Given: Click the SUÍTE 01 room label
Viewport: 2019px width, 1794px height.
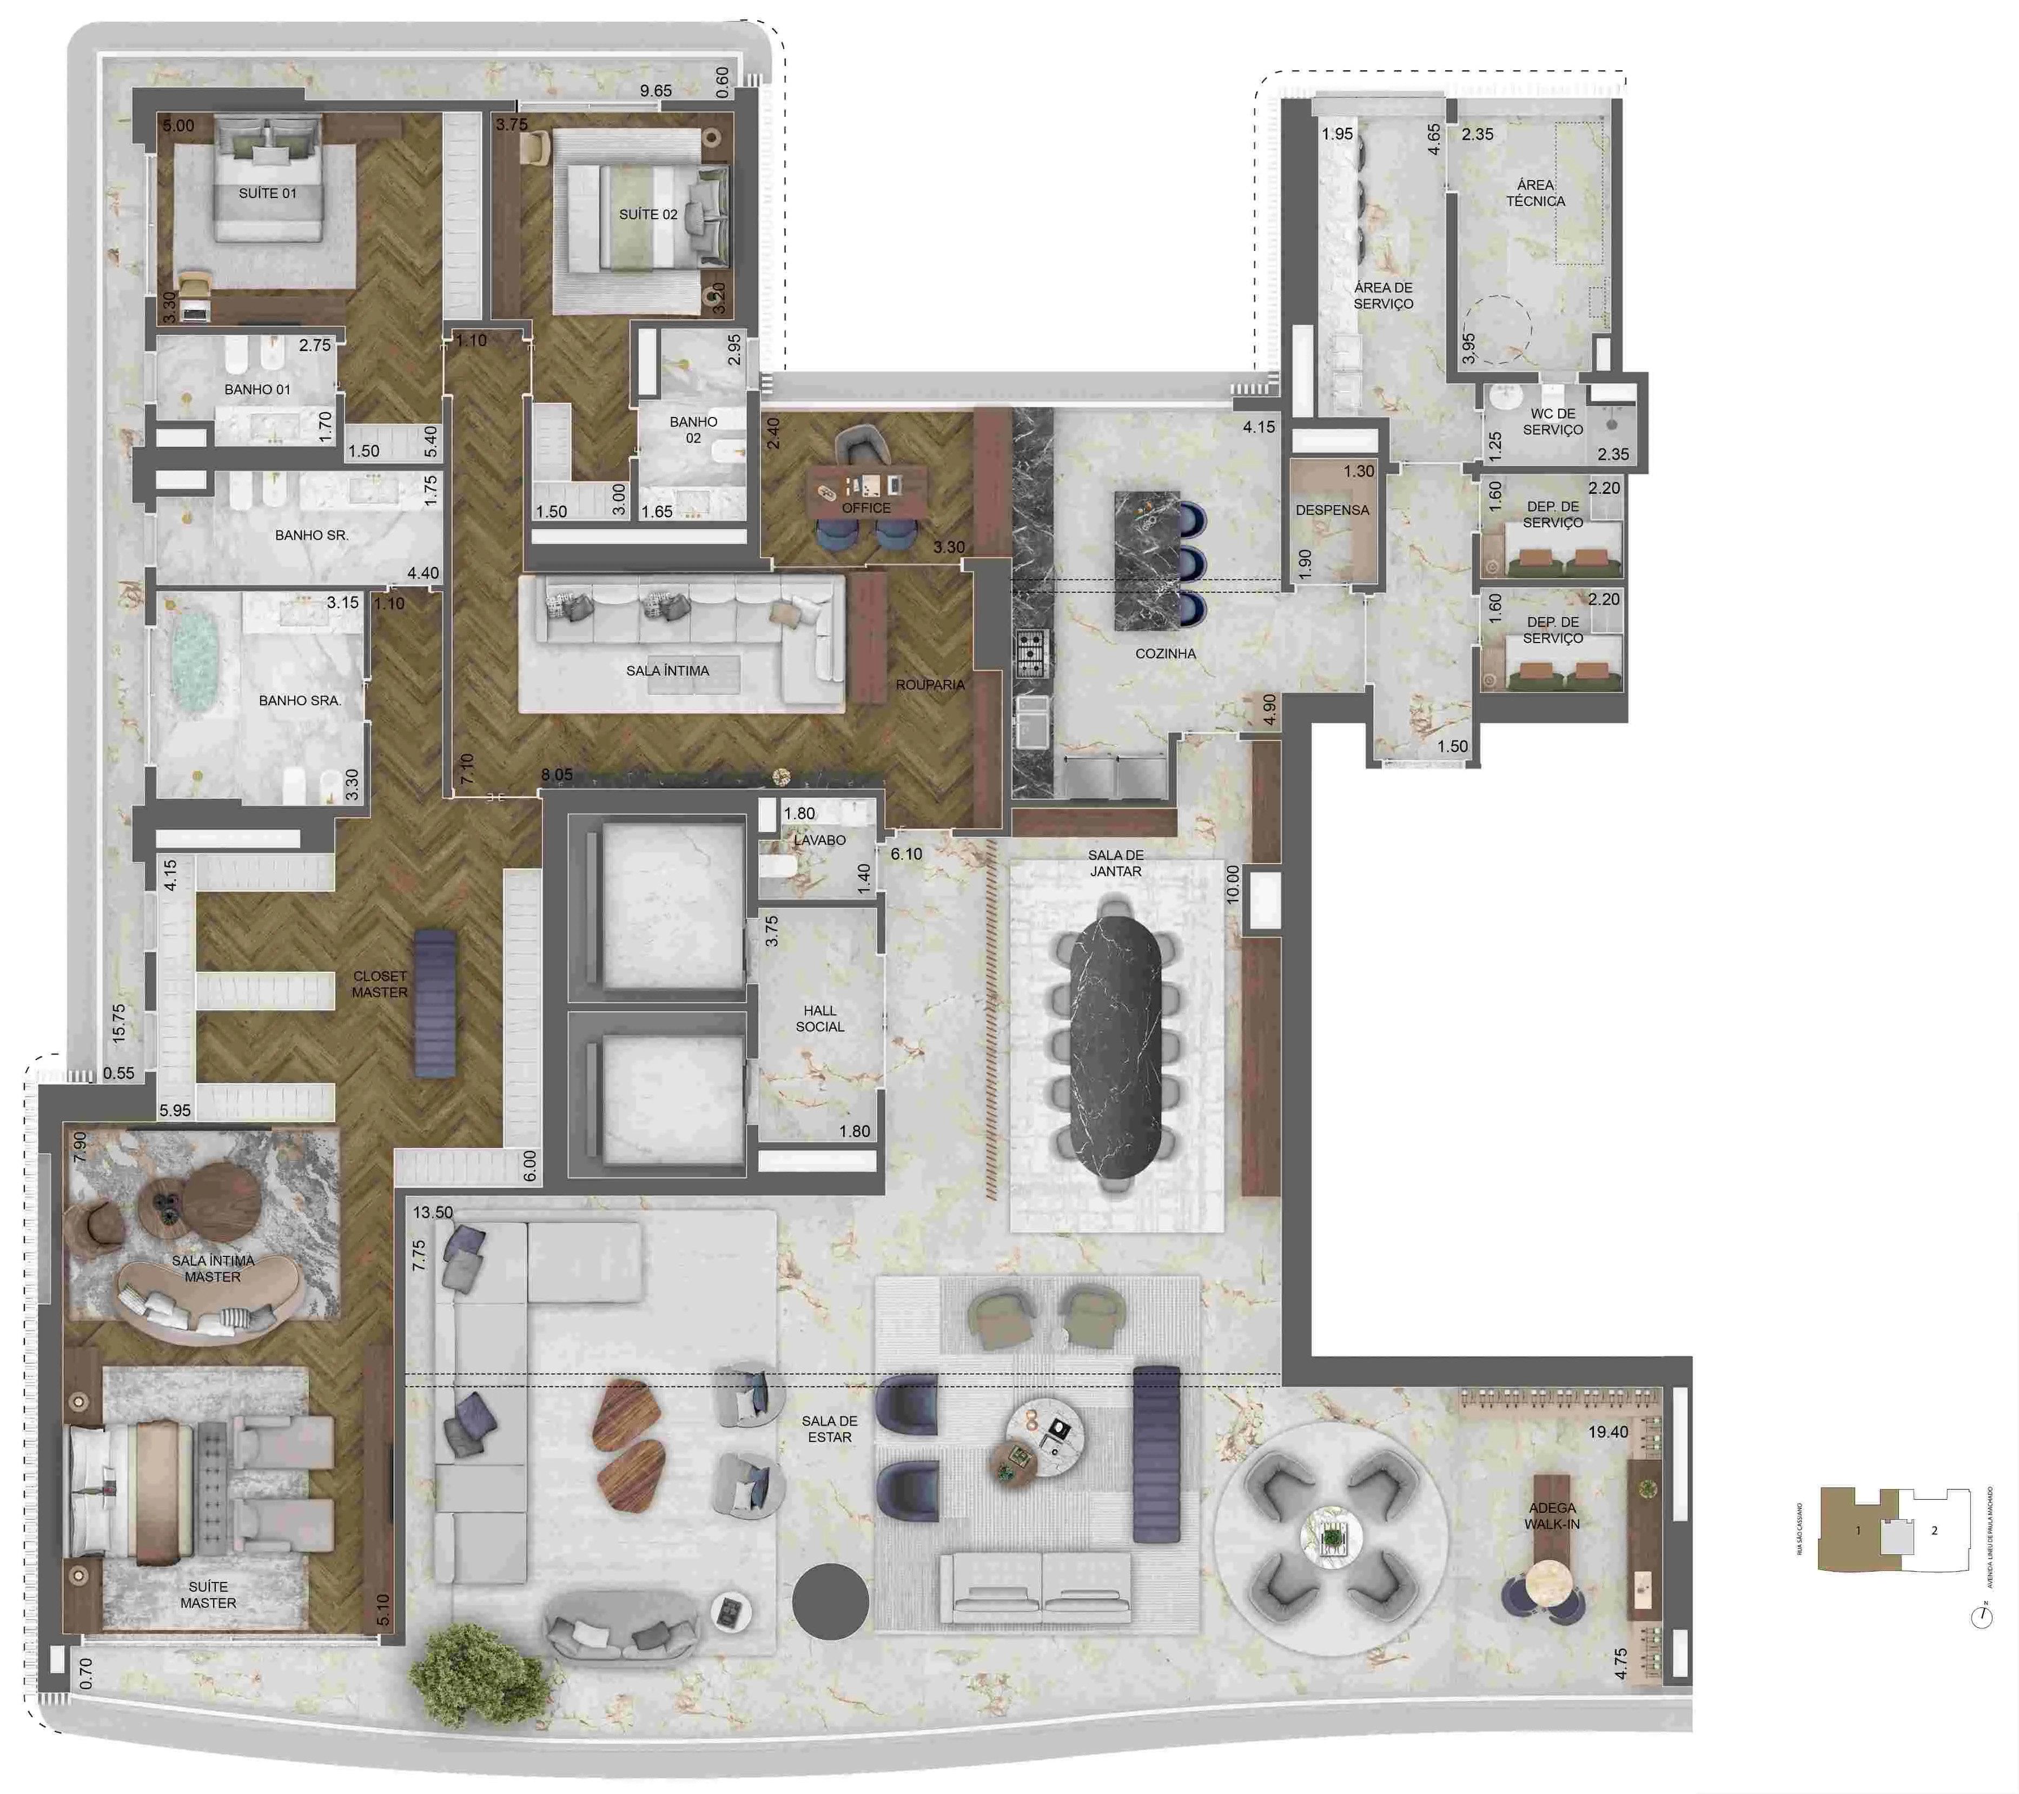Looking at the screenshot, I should tap(267, 193).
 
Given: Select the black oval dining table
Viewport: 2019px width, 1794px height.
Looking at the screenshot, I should tap(1115, 1047).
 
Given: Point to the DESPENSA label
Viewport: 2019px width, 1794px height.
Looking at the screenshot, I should tap(1332, 509).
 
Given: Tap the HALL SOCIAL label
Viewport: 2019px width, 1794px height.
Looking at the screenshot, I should tap(820, 1018).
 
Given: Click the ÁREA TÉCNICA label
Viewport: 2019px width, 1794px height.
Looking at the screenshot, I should tap(1535, 193).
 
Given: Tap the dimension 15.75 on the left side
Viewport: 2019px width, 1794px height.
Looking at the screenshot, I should tap(118, 1023).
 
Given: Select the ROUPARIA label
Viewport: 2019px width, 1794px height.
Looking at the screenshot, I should tap(930, 684).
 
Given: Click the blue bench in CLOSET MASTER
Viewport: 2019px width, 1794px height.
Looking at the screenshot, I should tap(435, 1003).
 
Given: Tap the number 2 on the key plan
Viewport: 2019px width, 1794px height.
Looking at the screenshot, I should tap(1933, 1530).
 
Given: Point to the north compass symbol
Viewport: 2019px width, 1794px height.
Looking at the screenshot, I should tap(1981, 1617).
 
